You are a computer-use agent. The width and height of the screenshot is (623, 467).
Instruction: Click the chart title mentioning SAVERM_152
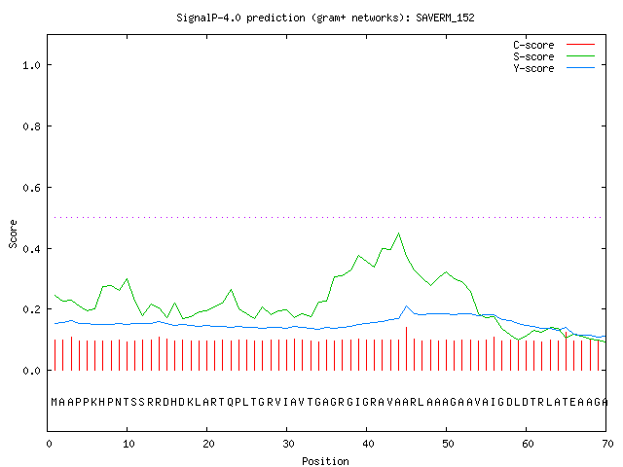(x=325, y=18)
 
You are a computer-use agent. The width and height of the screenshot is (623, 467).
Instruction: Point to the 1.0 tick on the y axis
(x=31, y=65)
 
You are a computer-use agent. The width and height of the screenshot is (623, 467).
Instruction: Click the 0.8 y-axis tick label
(x=31, y=126)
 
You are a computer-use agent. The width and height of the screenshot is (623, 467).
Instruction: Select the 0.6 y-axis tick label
(x=31, y=188)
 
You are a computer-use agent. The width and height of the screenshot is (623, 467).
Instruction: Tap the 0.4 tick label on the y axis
(x=31, y=249)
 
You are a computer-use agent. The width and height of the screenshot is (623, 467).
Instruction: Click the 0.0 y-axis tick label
(x=31, y=371)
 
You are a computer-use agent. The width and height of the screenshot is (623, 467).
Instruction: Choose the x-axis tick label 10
(x=128, y=444)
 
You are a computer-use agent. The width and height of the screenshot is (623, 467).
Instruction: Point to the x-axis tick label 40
(x=368, y=444)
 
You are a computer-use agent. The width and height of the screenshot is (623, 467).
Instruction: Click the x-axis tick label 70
(x=607, y=444)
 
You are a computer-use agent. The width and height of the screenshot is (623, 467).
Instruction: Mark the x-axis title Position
(x=325, y=461)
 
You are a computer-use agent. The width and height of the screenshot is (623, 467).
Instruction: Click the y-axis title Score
(x=13, y=233)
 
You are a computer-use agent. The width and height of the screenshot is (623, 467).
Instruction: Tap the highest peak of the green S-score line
(x=398, y=233)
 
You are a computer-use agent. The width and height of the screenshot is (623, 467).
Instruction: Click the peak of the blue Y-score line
(x=407, y=306)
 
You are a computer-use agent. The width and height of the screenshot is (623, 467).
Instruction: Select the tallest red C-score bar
(x=407, y=348)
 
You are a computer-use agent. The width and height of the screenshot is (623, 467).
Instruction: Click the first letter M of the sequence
(x=55, y=402)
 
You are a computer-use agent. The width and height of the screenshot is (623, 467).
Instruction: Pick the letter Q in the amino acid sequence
(x=231, y=402)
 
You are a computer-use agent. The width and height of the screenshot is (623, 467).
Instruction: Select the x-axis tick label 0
(x=49, y=444)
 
